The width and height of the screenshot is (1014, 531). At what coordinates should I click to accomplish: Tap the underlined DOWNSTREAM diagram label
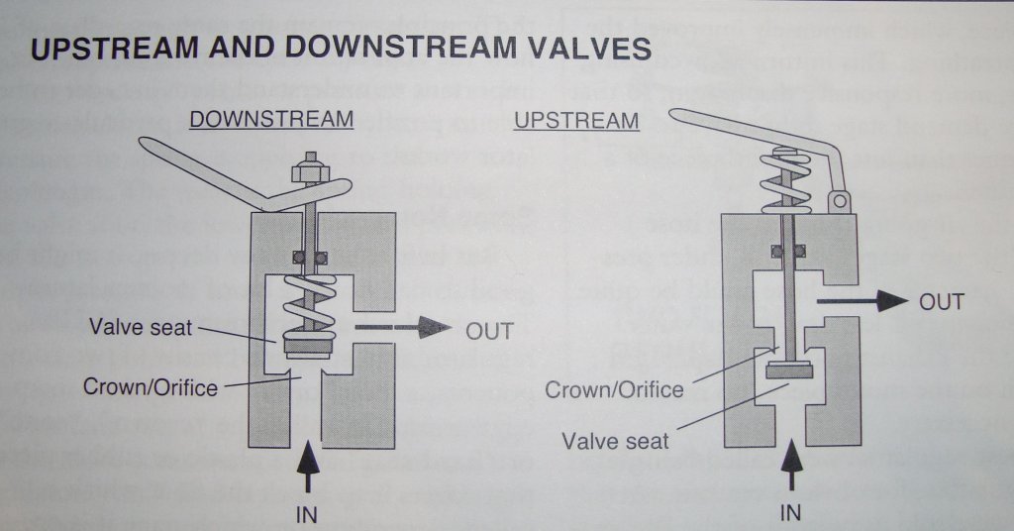point(270,120)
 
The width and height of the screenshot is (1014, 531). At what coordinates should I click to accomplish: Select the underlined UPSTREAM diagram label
point(577,121)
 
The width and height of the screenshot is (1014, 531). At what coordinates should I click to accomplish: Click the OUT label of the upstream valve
point(941,301)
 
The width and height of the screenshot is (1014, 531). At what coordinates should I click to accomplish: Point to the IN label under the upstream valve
point(790,512)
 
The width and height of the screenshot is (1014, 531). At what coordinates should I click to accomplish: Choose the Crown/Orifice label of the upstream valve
point(614,389)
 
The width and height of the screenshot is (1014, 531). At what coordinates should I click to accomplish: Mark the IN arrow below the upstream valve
point(790,462)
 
